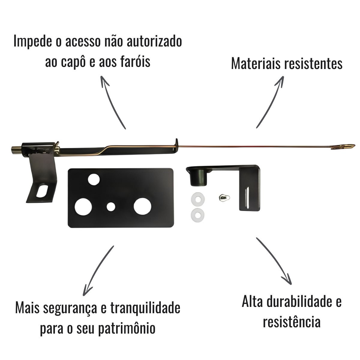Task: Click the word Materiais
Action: [256, 64]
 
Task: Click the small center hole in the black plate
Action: [111, 207]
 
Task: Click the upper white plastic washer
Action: [198, 199]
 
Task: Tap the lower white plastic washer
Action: [198, 215]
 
